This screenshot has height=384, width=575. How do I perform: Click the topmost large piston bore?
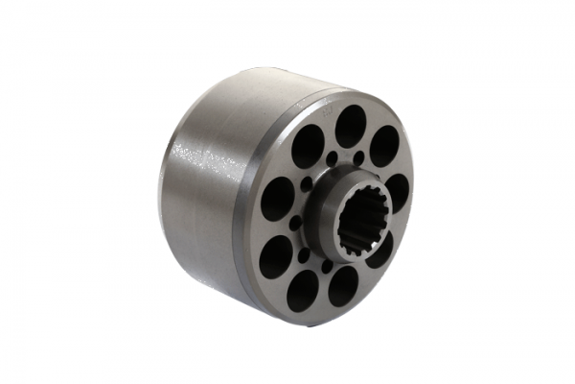coord(350,125)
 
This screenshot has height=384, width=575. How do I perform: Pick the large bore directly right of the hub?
coord(396,192)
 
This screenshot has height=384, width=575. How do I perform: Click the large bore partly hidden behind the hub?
coord(379,252)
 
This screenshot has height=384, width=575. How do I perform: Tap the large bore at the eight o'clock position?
coord(276,256)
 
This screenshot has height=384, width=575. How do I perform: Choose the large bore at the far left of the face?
coord(277,200)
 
